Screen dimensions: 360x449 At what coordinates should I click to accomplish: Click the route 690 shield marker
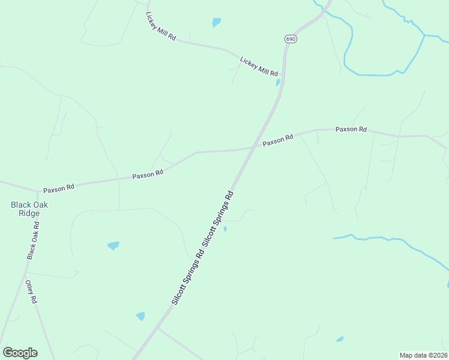(x=291, y=38)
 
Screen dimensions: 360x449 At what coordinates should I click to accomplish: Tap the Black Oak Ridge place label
(x=29, y=209)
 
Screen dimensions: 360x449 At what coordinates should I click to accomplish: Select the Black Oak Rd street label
(x=33, y=241)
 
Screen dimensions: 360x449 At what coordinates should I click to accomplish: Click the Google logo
(x=20, y=353)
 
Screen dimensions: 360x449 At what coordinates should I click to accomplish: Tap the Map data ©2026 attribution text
(x=423, y=355)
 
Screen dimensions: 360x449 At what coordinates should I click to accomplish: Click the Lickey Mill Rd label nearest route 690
(x=259, y=66)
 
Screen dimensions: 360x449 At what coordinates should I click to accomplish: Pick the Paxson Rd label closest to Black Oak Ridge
(x=58, y=187)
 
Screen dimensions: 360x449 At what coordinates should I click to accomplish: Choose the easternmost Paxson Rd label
(x=351, y=129)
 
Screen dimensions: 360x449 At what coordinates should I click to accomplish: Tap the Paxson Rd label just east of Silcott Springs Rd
(x=277, y=140)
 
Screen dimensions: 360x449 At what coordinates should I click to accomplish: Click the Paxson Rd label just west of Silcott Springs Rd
(x=148, y=175)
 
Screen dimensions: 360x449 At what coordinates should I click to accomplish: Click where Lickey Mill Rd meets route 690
(x=283, y=76)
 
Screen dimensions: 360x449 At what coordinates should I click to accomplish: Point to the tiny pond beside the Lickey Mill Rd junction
(x=278, y=83)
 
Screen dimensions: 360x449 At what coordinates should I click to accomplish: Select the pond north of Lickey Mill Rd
(x=216, y=22)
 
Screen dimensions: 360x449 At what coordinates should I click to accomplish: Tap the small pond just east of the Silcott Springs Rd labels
(x=225, y=229)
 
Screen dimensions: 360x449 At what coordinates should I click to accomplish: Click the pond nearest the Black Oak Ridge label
(x=113, y=245)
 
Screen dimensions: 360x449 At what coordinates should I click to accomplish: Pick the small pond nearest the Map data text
(x=340, y=339)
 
